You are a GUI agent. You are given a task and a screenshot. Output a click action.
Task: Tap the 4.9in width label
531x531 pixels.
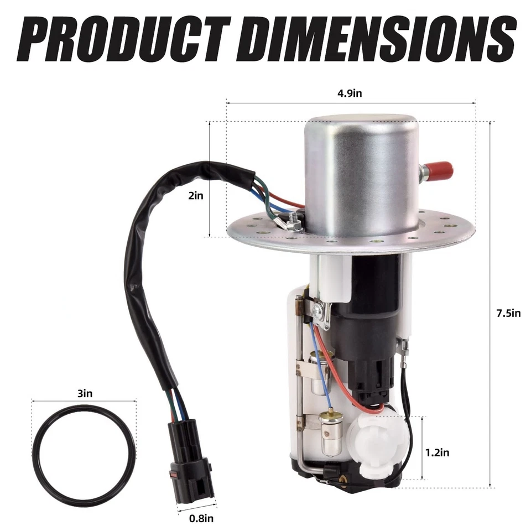[350, 93]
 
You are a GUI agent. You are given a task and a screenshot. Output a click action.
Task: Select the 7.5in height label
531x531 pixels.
[508, 313]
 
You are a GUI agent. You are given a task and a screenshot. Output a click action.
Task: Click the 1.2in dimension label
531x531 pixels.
[437, 452]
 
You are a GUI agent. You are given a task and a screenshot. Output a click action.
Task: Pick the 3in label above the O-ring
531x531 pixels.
[84, 394]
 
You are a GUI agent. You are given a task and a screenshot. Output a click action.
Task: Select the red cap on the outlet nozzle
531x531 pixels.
[440, 170]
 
